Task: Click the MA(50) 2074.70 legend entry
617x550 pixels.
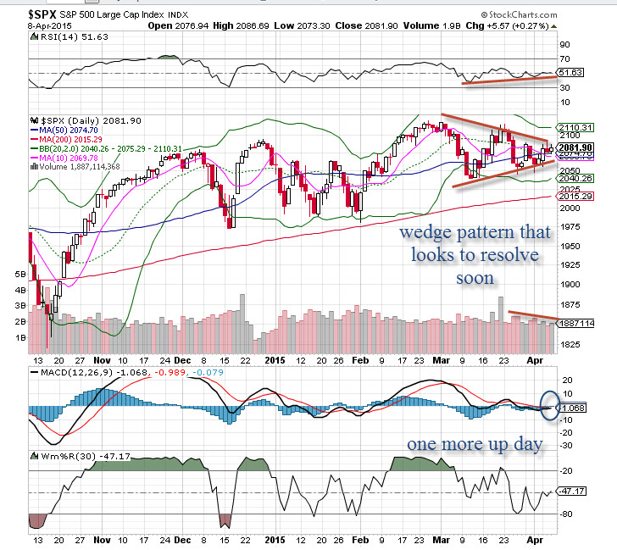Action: coord(67,130)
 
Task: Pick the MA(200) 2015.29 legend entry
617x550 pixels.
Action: coord(69,139)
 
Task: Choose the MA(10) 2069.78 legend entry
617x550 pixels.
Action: coord(67,158)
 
